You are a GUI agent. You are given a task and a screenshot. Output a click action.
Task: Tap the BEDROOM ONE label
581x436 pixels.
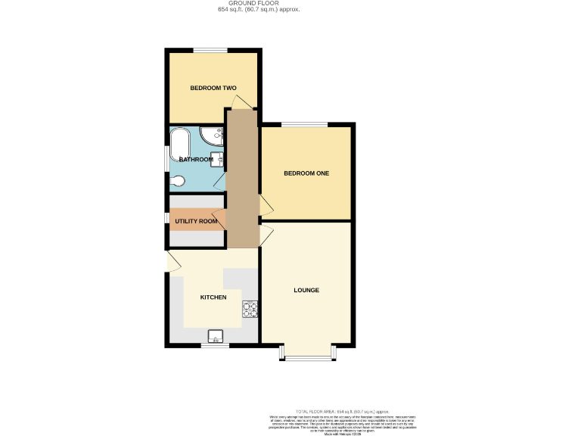click(x=306, y=173)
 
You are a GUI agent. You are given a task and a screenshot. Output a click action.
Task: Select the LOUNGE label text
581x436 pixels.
click(x=306, y=290)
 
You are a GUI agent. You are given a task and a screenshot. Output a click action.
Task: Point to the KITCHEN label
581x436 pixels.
click(x=213, y=297)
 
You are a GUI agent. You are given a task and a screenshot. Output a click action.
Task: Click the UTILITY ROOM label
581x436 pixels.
click(x=196, y=221)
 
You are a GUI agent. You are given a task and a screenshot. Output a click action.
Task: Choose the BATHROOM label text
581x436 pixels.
click(x=196, y=159)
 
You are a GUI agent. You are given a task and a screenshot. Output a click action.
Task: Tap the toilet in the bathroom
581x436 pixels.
click(x=177, y=181)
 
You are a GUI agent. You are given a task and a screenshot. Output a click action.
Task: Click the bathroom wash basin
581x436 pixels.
click(x=216, y=158)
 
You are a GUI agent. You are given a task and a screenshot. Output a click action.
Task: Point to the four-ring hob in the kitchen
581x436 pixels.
click(x=249, y=309)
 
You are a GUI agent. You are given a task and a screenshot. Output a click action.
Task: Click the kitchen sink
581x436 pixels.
click(x=216, y=337)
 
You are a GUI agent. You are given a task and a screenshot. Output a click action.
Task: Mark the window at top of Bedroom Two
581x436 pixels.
click(x=211, y=51)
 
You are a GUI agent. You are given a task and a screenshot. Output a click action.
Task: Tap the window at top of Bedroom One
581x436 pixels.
click(x=305, y=125)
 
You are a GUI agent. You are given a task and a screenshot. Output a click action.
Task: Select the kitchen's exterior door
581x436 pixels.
click(x=172, y=263)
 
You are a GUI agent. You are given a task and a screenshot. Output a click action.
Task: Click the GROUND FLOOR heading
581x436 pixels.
click(x=259, y=3)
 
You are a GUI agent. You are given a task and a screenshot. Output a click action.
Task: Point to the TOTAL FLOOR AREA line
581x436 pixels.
click(x=343, y=410)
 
